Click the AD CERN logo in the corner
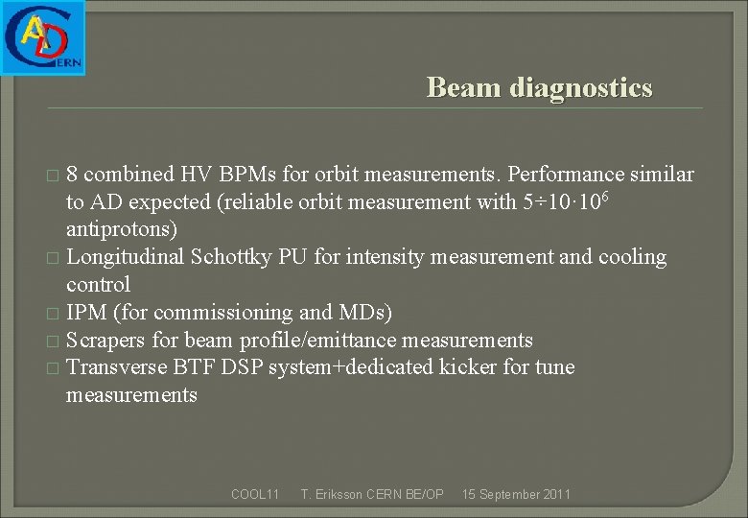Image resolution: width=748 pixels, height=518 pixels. pyautogui.click(x=43, y=37)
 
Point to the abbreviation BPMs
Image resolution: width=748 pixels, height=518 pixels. pyautogui.click(x=252, y=175)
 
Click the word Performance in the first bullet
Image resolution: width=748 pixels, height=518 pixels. pyautogui.click(x=563, y=175)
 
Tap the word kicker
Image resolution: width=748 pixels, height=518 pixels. pyautogui.click(x=466, y=367)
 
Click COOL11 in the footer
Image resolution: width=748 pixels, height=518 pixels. pyautogui.click(x=255, y=494)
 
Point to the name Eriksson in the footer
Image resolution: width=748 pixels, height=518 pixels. pyautogui.click(x=339, y=494)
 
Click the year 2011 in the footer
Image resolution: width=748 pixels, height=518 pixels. pyautogui.click(x=554, y=494)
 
